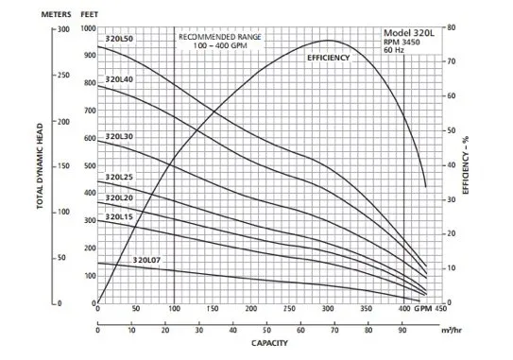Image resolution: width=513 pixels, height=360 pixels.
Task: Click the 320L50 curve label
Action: tap(119, 39)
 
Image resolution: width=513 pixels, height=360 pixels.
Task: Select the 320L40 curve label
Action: tap(119, 79)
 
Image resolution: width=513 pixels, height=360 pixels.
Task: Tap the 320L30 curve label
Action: tap(119, 136)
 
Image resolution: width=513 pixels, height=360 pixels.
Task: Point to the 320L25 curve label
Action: tap(119, 177)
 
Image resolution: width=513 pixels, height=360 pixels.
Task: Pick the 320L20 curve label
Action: tap(119, 198)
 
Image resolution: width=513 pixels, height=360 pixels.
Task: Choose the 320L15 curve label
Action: tap(119, 217)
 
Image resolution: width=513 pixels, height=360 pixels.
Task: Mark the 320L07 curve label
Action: tap(146, 260)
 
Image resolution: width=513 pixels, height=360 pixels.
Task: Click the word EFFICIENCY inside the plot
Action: tap(329, 58)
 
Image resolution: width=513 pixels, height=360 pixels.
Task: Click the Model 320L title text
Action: tap(409, 33)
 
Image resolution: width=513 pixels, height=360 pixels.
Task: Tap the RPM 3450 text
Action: tap(402, 43)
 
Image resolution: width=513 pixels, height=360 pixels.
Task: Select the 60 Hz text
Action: tap(394, 50)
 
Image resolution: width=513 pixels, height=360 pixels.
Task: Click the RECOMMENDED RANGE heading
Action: tap(220, 37)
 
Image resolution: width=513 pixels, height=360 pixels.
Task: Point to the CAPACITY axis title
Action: tap(269, 343)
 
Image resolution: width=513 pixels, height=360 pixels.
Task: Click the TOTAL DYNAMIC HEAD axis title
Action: tap(40, 166)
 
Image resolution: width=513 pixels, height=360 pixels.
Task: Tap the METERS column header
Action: tap(56, 14)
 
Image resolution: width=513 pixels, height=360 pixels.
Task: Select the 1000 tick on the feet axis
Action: tap(89, 28)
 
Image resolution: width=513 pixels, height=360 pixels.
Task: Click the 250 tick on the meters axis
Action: tap(64, 75)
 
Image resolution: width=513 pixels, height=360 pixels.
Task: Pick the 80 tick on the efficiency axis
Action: tap(452, 27)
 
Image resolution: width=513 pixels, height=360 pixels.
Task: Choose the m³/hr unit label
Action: tap(452, 330)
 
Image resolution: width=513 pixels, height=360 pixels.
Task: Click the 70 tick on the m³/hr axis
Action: tap(334, 330)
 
